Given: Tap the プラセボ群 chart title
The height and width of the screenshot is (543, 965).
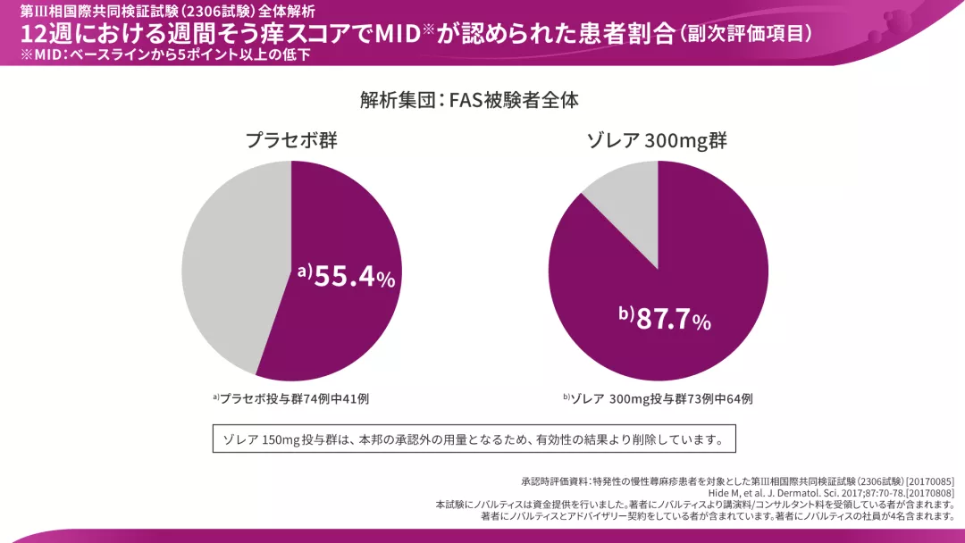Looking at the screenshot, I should point(291,141).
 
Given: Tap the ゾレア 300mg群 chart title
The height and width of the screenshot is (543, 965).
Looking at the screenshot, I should point(657,141).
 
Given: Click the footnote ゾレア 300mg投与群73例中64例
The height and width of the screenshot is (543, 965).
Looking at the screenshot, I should point(658,398).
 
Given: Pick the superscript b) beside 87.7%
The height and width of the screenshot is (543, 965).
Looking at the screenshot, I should point(625,313).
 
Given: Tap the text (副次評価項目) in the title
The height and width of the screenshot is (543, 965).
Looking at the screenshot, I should point(746,33).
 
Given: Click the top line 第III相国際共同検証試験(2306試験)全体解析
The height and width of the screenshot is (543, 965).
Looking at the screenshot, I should point(161,12).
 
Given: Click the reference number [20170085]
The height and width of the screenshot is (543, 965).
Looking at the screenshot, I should point(930,480).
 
